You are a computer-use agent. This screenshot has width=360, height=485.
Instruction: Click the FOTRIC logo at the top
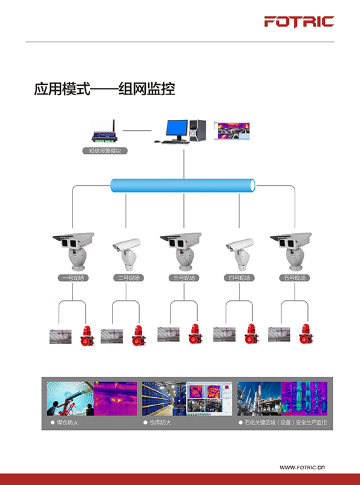click(299, 22)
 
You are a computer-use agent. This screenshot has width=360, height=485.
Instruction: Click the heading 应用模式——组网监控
click(105, 89)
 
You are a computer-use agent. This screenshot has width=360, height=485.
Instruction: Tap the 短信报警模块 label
click(105, 151)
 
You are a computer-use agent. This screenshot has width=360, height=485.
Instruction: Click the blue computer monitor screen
click(177, 128)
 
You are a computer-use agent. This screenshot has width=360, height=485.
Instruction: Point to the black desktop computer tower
click(197, 130)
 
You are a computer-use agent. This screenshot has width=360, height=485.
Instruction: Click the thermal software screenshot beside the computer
click(232, 131)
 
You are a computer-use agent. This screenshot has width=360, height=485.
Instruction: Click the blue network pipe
click(183, 186)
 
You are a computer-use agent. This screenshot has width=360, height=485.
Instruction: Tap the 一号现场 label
click(73, 278)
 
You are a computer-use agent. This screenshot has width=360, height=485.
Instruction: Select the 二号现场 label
click(128, 278)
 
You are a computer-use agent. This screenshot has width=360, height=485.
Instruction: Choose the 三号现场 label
click(184, 278)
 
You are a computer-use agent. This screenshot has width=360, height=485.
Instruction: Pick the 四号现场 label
click(239, 278)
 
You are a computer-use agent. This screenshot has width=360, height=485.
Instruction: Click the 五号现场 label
click(295, 278)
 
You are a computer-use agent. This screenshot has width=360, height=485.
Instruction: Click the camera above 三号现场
click(181, 251)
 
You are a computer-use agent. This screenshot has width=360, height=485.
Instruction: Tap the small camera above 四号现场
click(240, 254)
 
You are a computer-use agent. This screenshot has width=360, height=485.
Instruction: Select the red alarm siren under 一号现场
click(87, 335)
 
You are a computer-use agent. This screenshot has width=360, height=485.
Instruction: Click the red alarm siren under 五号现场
click(306, 334)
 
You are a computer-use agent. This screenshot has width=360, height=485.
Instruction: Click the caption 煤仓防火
click(67, 423)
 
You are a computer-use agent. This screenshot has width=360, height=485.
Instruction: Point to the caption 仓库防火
click(160, 423)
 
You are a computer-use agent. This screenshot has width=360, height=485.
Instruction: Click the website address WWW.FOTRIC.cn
click(302, 467)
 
